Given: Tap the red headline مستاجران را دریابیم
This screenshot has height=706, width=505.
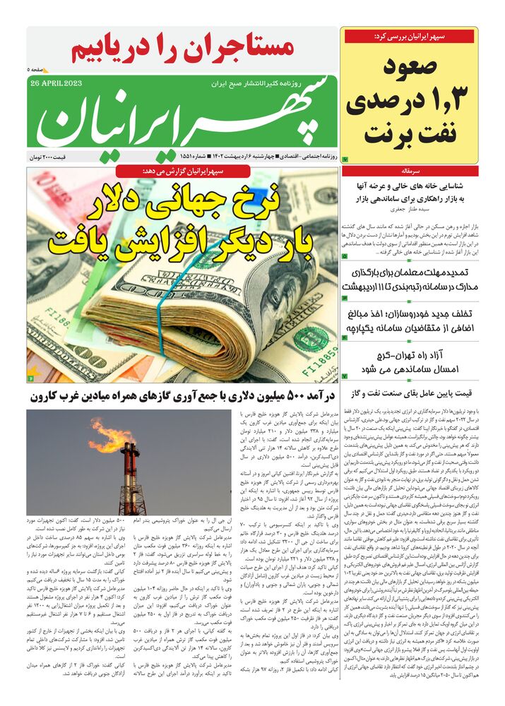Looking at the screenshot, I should pos(183,48).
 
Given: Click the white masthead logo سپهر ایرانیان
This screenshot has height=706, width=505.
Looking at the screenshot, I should pos(183,118).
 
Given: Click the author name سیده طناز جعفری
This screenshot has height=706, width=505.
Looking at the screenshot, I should pos(410,209).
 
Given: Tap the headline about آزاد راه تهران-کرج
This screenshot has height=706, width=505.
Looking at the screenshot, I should pos(420,363).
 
